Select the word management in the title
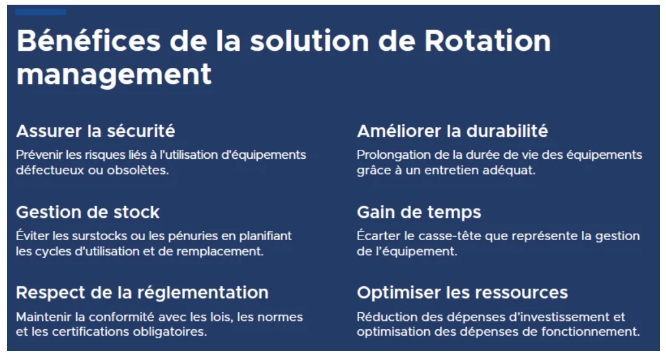point(114,75)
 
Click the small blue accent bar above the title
point(41,12)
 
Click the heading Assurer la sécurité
point(96,131)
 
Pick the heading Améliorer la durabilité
point(452,131)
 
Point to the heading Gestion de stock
point(88,212)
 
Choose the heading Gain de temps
point(419,212)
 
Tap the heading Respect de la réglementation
point(142,293)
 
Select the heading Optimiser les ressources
point(462,293)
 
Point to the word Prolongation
point(391,155)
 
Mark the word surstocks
point(99,236)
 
